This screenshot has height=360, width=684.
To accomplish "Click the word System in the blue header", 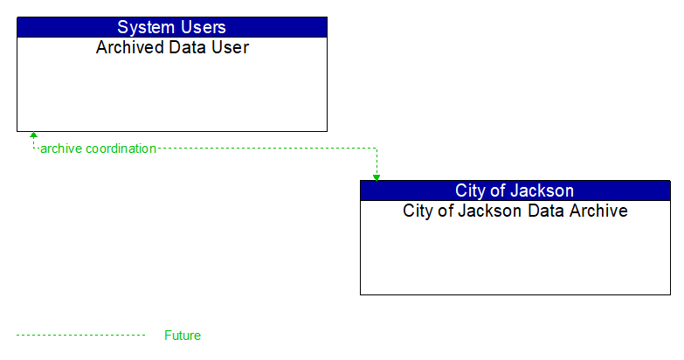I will [x=147, y=27].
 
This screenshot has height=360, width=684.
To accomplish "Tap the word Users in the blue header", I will [x=202, y=27].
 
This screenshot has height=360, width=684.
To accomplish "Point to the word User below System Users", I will [x=230, y=47].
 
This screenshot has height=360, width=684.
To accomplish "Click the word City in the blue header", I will [x=473, y=190].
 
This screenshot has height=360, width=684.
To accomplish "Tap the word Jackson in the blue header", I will [x=543, y=190].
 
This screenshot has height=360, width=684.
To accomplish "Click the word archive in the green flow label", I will [x=61, y=149].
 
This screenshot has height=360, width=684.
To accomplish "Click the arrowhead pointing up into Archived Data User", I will [x=33, y=136].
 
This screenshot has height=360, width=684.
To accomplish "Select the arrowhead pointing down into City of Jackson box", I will [x=377, y=177].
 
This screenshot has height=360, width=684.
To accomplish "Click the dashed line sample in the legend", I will [x=80, y=335].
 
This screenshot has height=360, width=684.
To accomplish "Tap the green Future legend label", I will [x=183, y=336].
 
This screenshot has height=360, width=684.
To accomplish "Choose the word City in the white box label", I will [x=418, y=211].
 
